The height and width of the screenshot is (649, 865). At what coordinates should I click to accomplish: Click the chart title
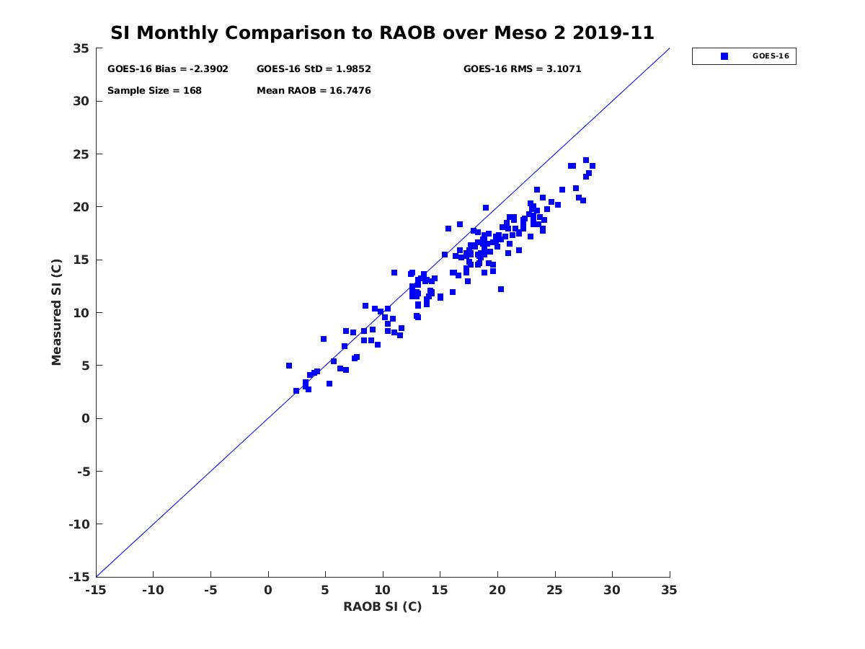(x=382, y=32)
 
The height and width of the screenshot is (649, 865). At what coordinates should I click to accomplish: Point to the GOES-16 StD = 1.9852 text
(x=314, y=69)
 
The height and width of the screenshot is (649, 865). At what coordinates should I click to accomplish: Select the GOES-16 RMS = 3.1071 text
(x=522, y=69)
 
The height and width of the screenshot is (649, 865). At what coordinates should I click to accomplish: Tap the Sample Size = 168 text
(x=154, y=91)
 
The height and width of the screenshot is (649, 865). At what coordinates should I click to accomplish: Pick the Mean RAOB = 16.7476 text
(x=314, y=91)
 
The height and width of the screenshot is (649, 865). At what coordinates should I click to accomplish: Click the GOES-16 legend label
(x=771, y=56)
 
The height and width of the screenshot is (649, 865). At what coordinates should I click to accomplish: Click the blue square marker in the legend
(x=724, y=56)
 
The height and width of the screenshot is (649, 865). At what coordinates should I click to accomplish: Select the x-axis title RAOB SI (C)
(x=382, y=606)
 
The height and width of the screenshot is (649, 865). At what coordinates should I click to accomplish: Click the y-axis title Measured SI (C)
(x=56, y=312)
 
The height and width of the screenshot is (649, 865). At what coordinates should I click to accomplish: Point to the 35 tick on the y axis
(x=81, y=48)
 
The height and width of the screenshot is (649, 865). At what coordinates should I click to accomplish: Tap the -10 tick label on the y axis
(x=78, y=524)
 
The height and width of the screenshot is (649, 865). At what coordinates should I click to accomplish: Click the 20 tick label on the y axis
(x=81, y=207)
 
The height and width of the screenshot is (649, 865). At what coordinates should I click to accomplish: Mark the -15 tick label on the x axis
(x=95, y=590)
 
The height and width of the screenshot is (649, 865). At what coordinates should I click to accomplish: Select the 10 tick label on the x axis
(x=383, y=590)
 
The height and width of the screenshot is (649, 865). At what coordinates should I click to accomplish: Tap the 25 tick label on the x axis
(x=555, y=590)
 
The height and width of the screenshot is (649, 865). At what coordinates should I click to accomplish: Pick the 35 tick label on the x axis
(x=670, y=590)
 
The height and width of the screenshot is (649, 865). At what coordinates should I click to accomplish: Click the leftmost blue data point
(x=289, y=366)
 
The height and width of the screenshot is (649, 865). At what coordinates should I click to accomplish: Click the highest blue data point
(x=586, y=160)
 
